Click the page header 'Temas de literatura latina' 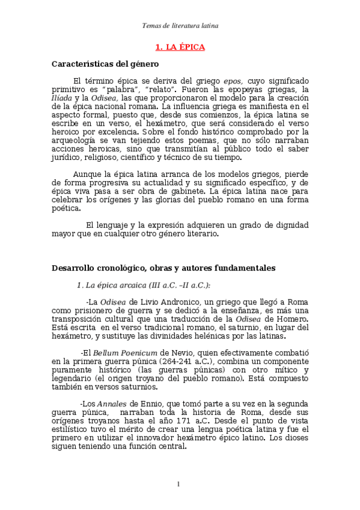coord(180,26)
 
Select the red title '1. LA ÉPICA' coord(180,47)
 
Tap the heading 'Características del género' coord(105,63)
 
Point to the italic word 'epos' coord(233,81)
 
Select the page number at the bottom coord(179,484)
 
